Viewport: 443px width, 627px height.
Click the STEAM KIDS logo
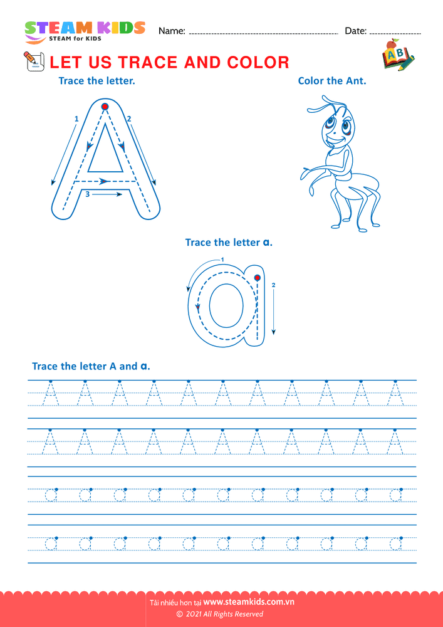pos(85,31)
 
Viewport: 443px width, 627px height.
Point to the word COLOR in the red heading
pos(258,62)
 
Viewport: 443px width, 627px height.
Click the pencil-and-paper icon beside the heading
pos(34,61)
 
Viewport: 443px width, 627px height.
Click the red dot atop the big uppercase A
pos(105,107)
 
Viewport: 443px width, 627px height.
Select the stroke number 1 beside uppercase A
pos(76,119)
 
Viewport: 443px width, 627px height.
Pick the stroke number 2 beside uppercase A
pos(129,119)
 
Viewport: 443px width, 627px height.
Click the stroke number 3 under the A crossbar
pos(88,194)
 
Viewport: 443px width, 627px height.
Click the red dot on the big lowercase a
pos(258,278)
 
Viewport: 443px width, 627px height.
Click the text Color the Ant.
pos(332,81)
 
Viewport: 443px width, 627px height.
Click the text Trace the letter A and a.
pos(91,366)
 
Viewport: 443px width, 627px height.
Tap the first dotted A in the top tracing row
pos(50,393)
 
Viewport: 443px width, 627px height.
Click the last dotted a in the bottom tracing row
pos(396,542)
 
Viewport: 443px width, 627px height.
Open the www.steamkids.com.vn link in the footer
pos(249,602)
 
